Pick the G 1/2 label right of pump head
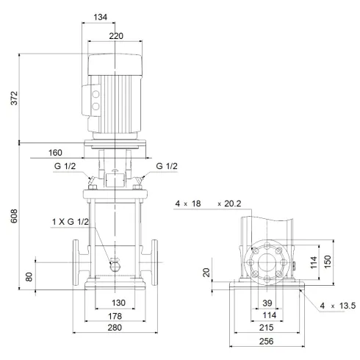click(167, 167)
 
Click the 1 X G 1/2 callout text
click(71, 222)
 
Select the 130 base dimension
click(118, 303)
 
